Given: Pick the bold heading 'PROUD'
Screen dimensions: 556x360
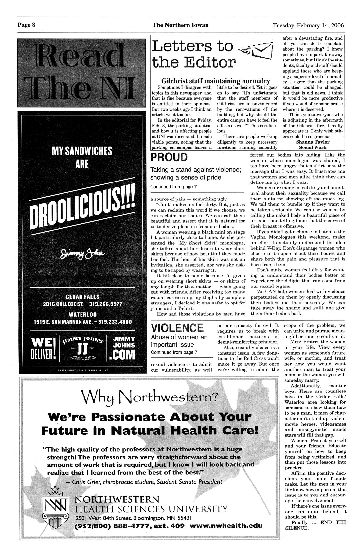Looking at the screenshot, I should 169,158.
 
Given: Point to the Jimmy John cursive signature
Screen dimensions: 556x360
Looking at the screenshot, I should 82,253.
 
